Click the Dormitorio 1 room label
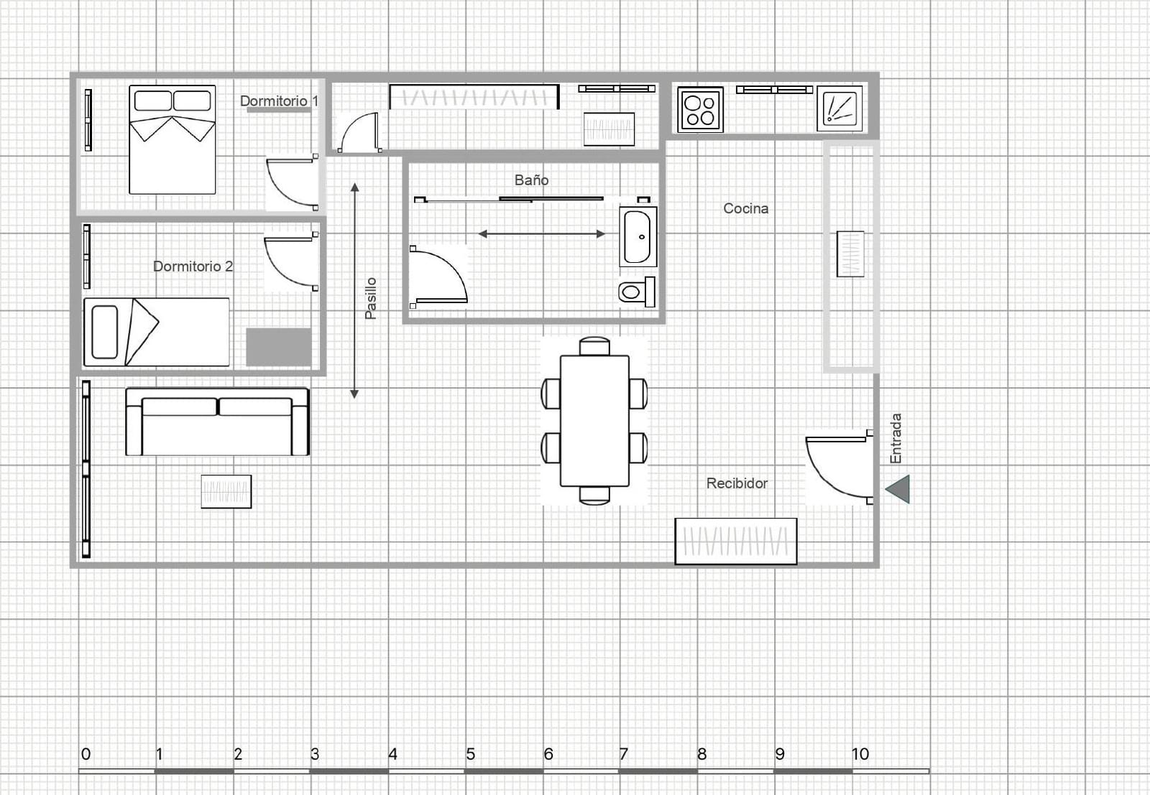[x=280, y=101]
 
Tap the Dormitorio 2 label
[x=193, y=266]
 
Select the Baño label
[x=531, y=180]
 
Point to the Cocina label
[x=745, y=208]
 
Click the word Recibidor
[x=737, y=483]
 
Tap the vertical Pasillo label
[x=371, y=299]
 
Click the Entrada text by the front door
[x=896, y=439]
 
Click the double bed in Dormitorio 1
[x=172, y=139]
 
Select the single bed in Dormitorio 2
[x=157, y=332]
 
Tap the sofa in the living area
[x=217, y=422]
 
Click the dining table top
[x=594, y=421]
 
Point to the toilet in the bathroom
[x=637, y=292]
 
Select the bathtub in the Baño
[x=638, y=237]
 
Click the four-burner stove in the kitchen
[x=700, y=110]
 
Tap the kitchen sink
[x=839, y=108]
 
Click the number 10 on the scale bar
[x=860, y=754]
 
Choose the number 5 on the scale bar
[x=470, y=754]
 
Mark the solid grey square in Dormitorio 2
[x=279, y=348]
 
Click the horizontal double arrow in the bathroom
[x=542, y=234]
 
